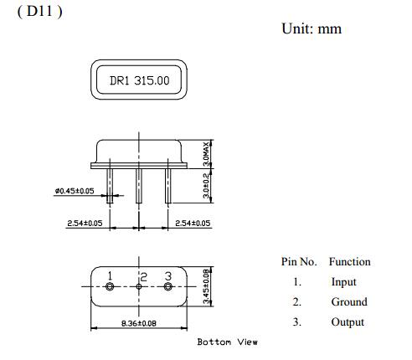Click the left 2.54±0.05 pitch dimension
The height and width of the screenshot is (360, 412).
click(85, 224)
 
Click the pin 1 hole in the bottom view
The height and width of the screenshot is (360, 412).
click(110, 287)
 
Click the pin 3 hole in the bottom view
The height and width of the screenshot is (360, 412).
click(167, 287)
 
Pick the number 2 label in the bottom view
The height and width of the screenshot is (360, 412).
click(144, 275)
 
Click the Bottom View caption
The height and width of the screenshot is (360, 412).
click(228, 342)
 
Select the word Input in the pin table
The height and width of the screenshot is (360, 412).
click(342, 282)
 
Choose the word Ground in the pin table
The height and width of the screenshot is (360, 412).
click(348, 302)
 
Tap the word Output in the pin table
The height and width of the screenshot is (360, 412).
click(347, 322)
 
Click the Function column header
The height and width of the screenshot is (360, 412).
click(349, 261)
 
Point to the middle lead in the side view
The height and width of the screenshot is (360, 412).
click(139, 188)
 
